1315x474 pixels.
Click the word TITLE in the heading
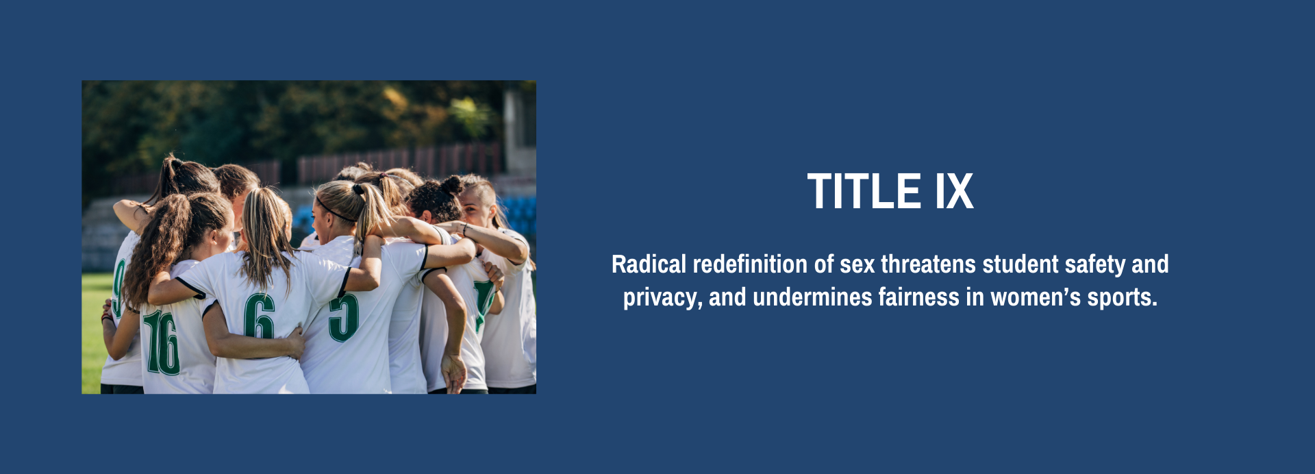(864, 191)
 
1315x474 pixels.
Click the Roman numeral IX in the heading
(954, 191)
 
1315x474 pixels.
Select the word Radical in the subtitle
(648, 264)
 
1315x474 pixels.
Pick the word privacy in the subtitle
(661, 298)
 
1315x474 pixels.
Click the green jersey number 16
(162, 342)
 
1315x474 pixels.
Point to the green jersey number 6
(260, 316)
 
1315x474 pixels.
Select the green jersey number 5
(343, 317)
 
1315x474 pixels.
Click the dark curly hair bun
(451, 185)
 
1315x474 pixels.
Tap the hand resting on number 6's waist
(295, 340)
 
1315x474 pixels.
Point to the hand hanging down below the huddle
(453, 373)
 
